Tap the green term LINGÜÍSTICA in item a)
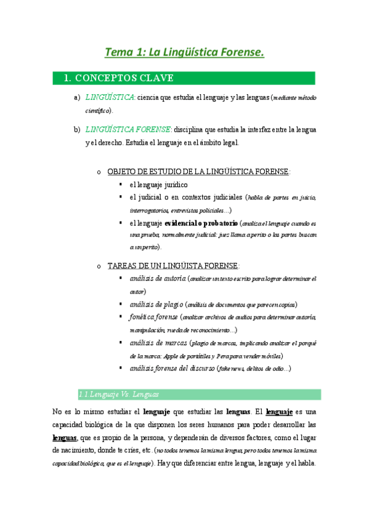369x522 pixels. pos(110,97)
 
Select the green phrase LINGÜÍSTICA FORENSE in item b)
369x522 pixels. pos(128,129)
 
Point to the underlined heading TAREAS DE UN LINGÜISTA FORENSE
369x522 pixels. pos(173,265)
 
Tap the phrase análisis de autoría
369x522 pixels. pos(157,278)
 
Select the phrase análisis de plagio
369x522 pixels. pos(156,304)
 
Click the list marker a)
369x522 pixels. pos(77,97)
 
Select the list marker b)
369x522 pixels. pos(77,129)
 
